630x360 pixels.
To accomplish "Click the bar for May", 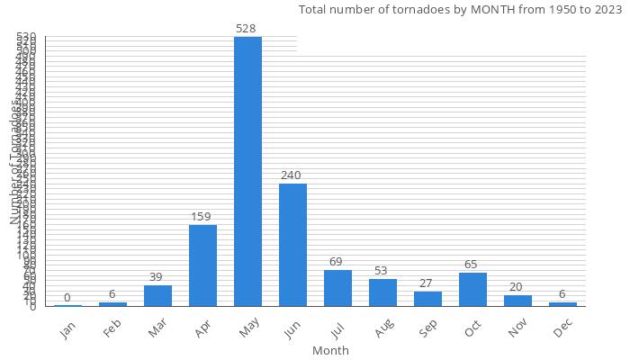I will (247, 171).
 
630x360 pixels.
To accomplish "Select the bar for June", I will (292, 245).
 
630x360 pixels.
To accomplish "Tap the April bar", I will (202, 265).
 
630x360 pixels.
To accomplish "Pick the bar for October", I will (472, 290).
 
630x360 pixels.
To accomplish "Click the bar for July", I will (337, 288).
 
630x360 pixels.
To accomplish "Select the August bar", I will (382, 292).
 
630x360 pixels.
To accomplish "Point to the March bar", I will (157, 296).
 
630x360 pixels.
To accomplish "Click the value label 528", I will (247, 29).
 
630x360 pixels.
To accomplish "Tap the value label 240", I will (291, 175).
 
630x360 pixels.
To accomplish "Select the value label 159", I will (202, 217).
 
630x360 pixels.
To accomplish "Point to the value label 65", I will (471, 265).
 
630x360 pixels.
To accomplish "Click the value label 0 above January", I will (67, 298).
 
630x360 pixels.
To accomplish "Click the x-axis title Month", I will (330, 350).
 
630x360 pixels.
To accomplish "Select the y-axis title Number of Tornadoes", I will (15, 162).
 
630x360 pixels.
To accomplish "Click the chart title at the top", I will (460, 10).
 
